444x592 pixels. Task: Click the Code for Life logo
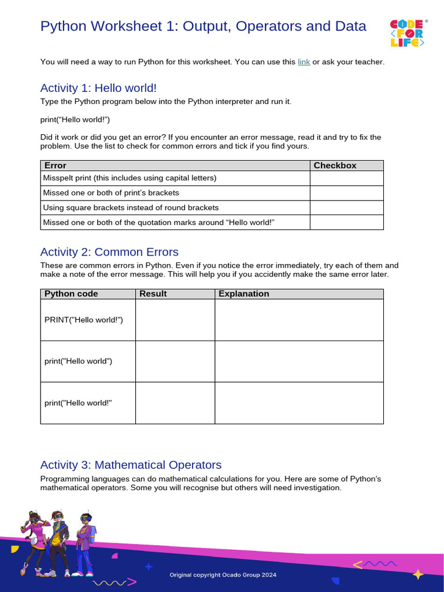coord(409,34)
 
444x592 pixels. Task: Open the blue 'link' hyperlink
coord(304,62)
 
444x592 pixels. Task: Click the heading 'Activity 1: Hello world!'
coord(98,88)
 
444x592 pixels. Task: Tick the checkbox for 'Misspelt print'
coord(346,178)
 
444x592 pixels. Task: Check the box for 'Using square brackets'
coord(346,208)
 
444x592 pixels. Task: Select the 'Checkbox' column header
coord(335,165)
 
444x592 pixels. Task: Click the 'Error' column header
coord(55,165)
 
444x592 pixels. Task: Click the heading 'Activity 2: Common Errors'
coord(109,252)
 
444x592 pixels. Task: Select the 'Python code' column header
coord(71,294)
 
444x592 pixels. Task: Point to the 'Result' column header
coord(153,294)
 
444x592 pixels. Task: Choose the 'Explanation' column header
coord(244,294)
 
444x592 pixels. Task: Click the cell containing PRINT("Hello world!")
coord(84,320)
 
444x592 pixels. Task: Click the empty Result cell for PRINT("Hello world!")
coord(175,320)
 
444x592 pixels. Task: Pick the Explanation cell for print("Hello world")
coord(299,361)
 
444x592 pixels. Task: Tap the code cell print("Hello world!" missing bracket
coord(78,403)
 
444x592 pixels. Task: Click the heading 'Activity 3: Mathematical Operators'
coord(131,465)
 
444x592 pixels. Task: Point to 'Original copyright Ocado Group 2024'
coord(223,575)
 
